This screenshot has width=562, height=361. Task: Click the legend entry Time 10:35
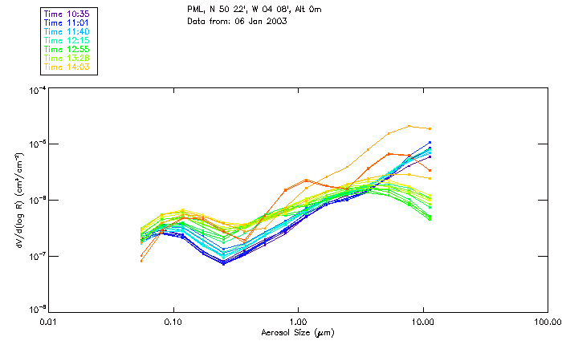pyautogui.click(x=67, y=14)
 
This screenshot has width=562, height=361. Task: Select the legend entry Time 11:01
pyautogui.click(x=67, y=22)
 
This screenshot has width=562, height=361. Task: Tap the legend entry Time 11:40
pyautogui.click(x=67, y=31)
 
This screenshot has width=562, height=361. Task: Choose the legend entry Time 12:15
pyautogui.click(x=67, y=40)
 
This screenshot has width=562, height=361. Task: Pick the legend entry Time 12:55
pyautogui.click(x=67, y=49)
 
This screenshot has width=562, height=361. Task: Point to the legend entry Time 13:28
pyautogui.click(x=67, y=58)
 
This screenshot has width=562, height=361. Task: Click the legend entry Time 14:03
pyautogui.click(x=67, y=67)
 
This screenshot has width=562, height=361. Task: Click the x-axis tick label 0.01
pyautogui.click(x=49, y=322)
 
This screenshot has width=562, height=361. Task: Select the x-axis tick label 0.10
pyautogui.click(x=173, y=322)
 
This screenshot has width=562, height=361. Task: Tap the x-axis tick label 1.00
pyautogui.click(x=299, y=322)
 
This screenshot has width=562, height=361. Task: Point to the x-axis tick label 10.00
pyautogui.click(x=423, y=322)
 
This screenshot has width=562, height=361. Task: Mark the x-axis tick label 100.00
pyautogui.click(x=548, y=322)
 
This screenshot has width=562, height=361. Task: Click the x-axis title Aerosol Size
pyautogui.click(x=297, y=332)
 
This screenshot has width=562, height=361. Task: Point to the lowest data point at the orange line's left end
pyautogui.click(x=141, y=261)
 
